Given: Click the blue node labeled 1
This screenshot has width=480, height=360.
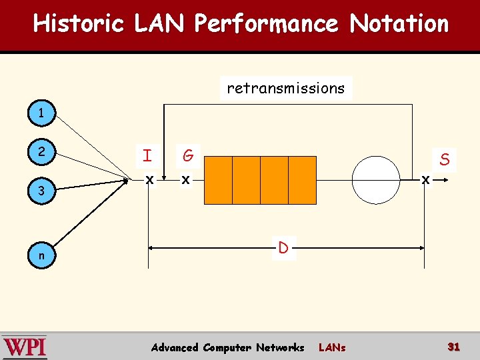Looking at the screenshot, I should [x=42, y=114].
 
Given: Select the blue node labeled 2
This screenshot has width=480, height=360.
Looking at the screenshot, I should [x=42, y=152].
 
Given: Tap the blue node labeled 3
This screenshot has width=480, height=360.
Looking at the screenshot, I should [x=42, y=191].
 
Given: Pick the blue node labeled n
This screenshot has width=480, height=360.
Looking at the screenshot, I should [x=42, y=255].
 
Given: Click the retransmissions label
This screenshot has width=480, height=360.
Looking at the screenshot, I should [x=286, y=88].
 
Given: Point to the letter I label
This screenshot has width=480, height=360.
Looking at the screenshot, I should [x=147, y=157].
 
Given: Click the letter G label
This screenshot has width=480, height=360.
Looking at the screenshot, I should [x=188, y=157].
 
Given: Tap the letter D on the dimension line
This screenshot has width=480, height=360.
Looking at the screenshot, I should [x=283, y=249].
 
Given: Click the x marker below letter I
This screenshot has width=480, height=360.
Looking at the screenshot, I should [x=150, y=180].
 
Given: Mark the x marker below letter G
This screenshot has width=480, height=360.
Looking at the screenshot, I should [x=186, y=180].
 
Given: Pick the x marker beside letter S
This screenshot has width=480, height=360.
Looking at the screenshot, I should [x=425, y=180].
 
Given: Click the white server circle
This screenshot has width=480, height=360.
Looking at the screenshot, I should [x=376, y=180].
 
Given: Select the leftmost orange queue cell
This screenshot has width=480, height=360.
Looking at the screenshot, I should [x=217, y=180].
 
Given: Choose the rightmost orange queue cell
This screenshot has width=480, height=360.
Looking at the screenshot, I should [x=302, y=180].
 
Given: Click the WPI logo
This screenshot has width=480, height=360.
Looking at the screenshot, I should [x=25, y=347].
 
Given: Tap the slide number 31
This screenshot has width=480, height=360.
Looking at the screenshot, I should [x=454, y=347].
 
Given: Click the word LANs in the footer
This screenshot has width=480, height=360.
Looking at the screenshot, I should [x=332, y=348].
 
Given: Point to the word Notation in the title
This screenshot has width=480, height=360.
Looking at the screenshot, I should [x=399, y=24].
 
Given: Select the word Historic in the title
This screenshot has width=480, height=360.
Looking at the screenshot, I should [x=79, y=24].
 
